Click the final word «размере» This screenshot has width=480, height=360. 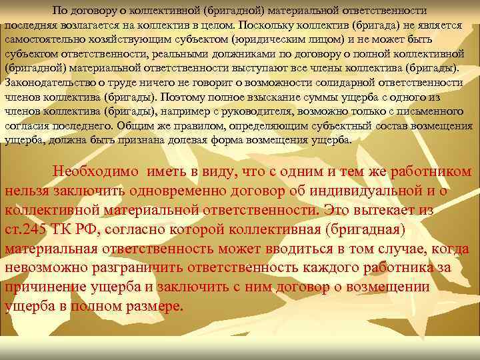click(x=155, y=307)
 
